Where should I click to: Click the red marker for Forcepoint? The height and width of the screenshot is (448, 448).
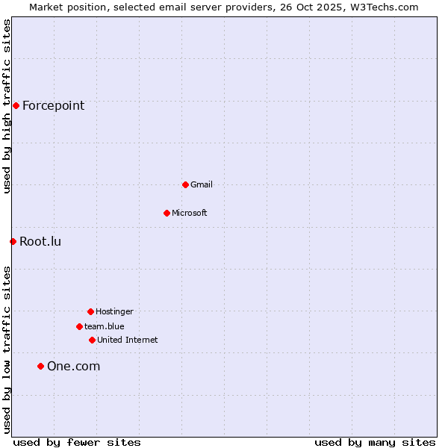pos(16,105)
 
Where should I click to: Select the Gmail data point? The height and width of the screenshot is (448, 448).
pos(185,184)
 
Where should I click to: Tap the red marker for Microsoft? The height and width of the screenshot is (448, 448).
pos(167,213)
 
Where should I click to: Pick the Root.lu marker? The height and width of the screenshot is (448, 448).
pos(13,241)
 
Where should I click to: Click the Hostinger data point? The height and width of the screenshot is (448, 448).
pos(90,311)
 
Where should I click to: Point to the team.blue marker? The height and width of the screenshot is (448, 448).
pos(79,326)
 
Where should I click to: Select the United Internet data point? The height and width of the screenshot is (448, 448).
pos(92,340)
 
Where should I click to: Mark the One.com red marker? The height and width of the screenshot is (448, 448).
pos(40,366)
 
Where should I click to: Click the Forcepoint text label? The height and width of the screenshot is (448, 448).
pos(53,105)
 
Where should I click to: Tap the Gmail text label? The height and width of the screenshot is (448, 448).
pos(202,184)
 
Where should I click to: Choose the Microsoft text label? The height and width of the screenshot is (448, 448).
pos(190,213)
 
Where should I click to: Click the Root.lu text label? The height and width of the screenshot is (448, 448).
pos(40,241)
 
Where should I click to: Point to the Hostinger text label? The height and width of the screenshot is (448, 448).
pos(114,311)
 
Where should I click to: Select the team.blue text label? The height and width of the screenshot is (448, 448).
pos(105,326)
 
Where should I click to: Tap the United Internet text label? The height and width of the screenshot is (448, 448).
pos(128,340)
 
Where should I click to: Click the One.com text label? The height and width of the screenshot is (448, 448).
pos(73,366)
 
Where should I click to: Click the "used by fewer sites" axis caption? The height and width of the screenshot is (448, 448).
pos(77,442)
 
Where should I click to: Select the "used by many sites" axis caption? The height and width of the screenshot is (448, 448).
pos(375,442)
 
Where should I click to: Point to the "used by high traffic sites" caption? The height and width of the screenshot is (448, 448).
pos(7,106)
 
